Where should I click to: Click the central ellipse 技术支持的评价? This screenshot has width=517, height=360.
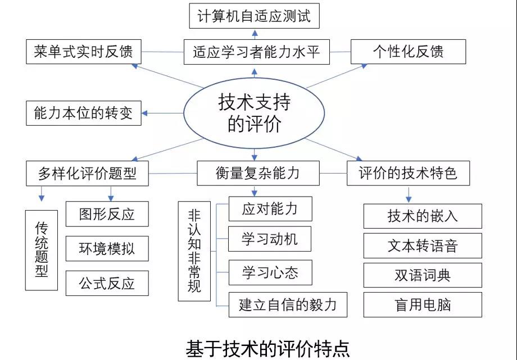click(254, 113)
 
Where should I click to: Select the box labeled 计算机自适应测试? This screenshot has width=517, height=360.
click(254, 16)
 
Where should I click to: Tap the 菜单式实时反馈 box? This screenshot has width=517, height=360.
click(84, 52)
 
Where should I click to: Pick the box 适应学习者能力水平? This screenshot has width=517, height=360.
click(256, 52)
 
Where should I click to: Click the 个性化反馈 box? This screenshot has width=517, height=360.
click(408, 52)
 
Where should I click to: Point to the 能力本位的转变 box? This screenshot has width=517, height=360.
click(84, 113)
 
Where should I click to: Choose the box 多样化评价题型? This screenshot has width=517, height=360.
click(87, 174)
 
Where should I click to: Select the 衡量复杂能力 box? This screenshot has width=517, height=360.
click(258, 174)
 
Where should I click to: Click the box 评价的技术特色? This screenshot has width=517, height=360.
click(408, 174)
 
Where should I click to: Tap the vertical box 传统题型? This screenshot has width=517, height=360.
click(42, 250)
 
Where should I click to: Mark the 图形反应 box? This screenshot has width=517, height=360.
click(107, 214)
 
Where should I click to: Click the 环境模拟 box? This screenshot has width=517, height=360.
click(107, 249)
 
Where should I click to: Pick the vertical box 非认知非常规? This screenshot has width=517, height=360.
click(194, 251)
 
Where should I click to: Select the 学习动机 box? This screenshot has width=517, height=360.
click(270, 239)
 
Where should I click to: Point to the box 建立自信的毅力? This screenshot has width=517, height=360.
click(288, 304)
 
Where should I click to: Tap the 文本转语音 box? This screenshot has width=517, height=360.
click(423, 245)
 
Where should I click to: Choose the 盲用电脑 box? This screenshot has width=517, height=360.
click(423, 304)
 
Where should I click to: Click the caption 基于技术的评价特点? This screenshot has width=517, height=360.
click(267, 349)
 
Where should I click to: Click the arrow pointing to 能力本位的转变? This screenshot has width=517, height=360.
click(162, 113)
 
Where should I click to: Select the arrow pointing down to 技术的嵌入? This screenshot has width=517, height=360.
click(409, 194)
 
